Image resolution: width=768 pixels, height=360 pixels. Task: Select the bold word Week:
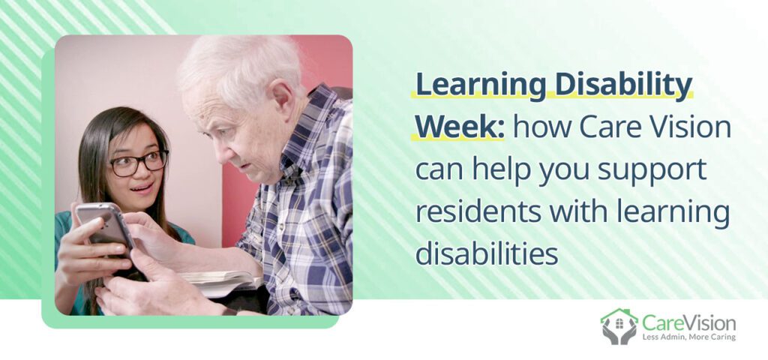(x=459, y=127)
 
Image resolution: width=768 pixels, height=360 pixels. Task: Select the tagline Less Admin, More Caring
(x=688, y=337)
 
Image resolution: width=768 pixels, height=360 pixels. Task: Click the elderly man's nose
(x=201, y=138)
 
